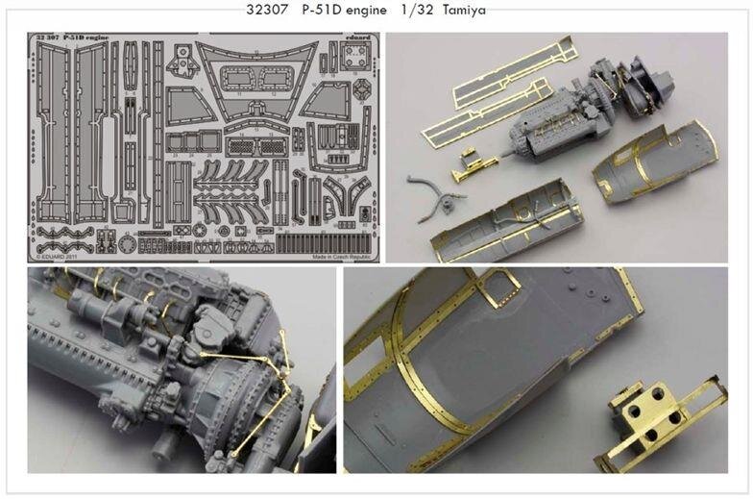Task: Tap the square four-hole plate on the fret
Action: click(x=180, y=61)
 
